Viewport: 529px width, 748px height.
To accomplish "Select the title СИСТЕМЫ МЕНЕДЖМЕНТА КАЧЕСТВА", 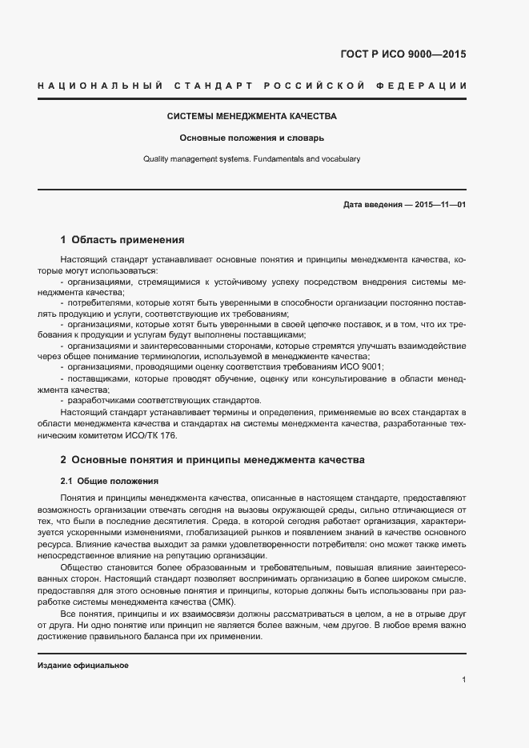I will (x=251, y=116).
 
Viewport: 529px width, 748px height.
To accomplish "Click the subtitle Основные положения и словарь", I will (x=251, y=138).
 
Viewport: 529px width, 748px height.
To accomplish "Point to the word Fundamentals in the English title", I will (x=279, y=158).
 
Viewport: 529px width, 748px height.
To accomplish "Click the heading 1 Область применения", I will (x=122, y=239).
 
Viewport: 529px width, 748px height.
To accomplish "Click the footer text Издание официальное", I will (x=82, y=666).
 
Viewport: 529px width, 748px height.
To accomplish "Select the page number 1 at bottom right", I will (x=463, y=680).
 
